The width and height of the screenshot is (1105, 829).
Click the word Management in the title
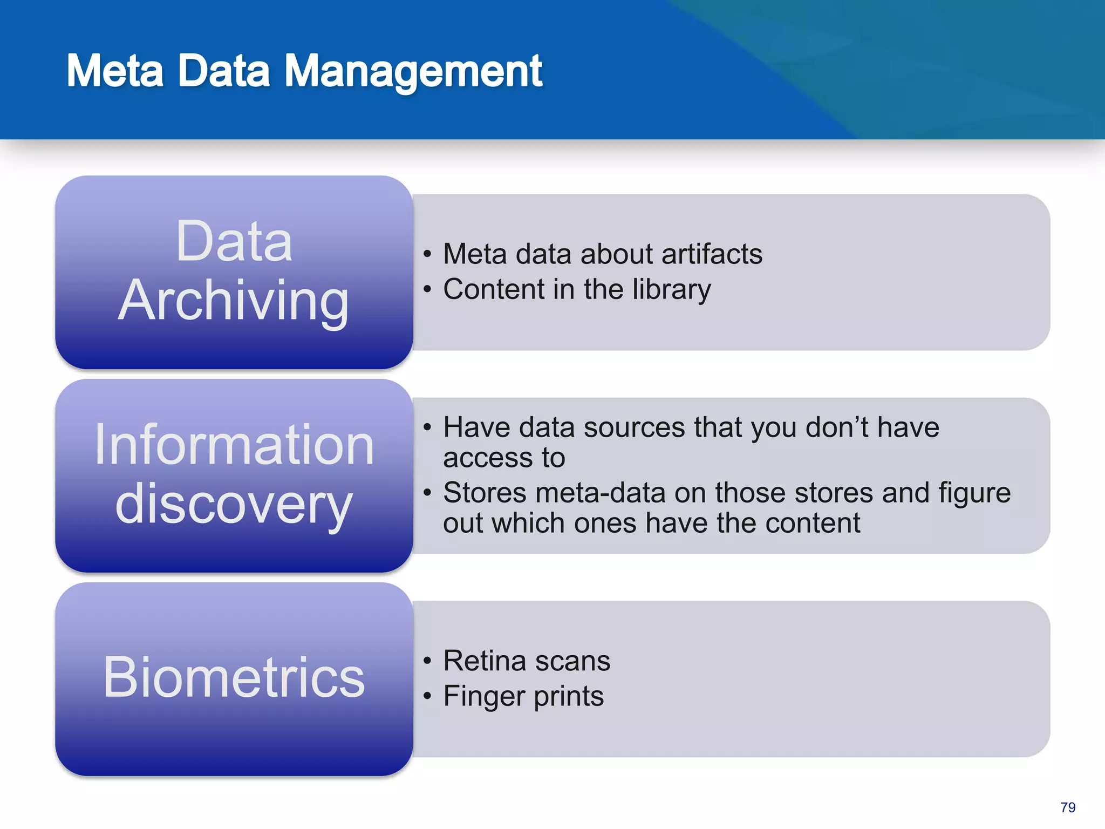(x=413, y=72)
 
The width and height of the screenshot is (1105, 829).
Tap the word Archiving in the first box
(x=234, y=301)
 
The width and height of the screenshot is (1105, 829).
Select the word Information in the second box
(x=234, y=445)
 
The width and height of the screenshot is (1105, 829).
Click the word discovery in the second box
(x=234, y=504)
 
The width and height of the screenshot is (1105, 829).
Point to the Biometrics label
(x=234, y=677)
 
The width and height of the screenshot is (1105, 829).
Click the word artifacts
(x=712, y=254)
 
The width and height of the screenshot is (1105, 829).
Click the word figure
(x=974, y=493)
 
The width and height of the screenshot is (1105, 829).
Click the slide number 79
(x=1067, y=807)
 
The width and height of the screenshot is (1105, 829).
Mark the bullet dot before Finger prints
(x=427, y=696)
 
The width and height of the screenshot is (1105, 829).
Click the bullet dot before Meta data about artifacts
(x=427, y=254)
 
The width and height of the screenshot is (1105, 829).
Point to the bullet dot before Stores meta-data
(x=427, y=493)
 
